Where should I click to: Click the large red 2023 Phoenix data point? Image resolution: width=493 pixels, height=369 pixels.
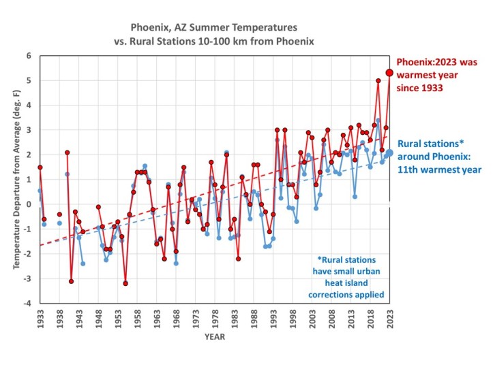point(390,73)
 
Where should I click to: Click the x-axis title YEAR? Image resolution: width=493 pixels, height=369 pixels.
point(215,336)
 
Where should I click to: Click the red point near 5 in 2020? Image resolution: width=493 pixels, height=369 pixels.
point(378,80)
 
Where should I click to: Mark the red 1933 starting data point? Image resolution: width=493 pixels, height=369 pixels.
point(40,167)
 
